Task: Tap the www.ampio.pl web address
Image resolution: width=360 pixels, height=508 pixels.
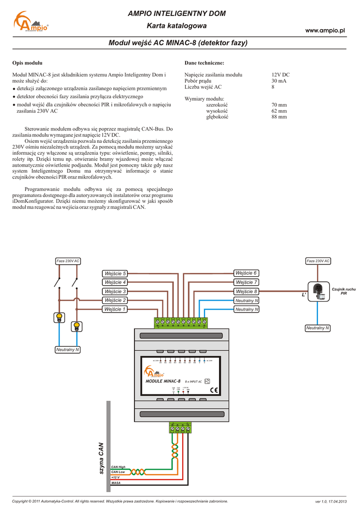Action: (325, 31)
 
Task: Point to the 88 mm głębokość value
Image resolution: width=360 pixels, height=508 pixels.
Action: (279, 117)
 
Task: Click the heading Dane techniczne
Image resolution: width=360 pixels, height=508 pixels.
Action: (204, 63)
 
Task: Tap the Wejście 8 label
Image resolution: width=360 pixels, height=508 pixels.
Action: (246, 292)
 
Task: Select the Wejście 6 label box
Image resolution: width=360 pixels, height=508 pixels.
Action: (246, 273)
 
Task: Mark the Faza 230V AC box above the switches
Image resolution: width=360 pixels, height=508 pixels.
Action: (68, 261)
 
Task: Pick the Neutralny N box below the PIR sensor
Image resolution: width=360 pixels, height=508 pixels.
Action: (318, 328)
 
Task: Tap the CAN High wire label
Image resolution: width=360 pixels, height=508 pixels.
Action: (118, 467)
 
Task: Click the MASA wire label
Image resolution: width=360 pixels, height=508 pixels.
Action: (116, 483)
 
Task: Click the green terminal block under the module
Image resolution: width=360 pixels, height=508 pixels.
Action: (180, 428)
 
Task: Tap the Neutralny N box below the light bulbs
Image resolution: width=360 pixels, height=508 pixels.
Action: (68, 350)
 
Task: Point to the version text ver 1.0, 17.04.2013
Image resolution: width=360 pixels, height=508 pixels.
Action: (330, 502)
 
